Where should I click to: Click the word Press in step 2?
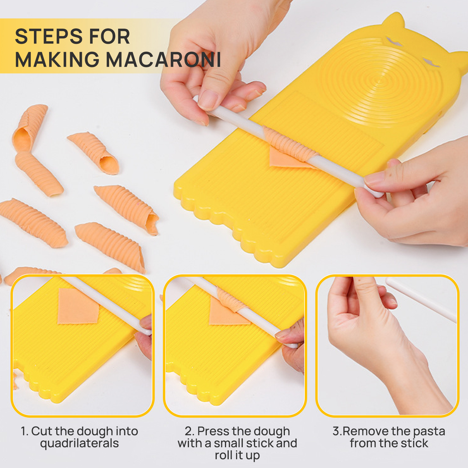[213, 431]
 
